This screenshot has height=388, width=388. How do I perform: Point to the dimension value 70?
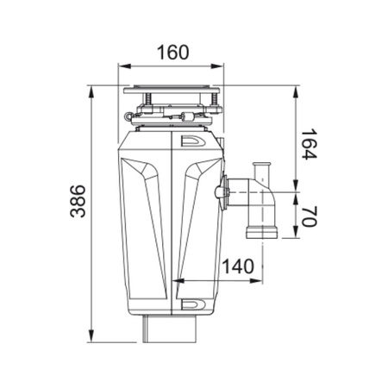click(x=311, y=215)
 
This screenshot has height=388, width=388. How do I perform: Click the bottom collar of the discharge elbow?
click(x=260, y=232)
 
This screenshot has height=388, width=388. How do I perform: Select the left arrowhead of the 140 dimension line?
click(x=178, y=281)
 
